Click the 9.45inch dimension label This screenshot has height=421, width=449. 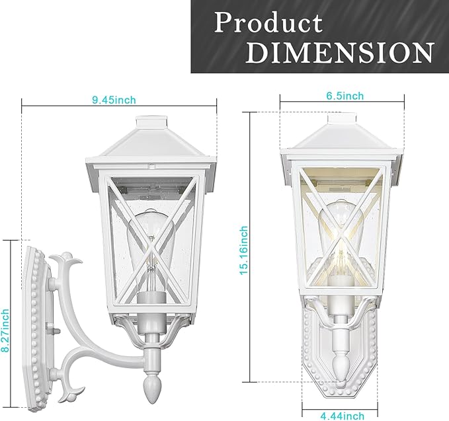point(114,100)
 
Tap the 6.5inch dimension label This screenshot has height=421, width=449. point(345,96)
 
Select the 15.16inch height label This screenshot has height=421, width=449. point(243,250)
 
